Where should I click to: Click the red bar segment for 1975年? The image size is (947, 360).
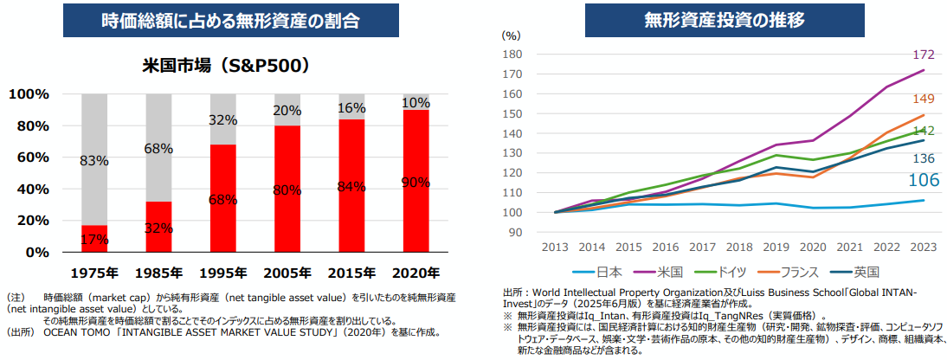click(x=93, y=238)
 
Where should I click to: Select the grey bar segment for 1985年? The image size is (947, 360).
click(x=158, y=147)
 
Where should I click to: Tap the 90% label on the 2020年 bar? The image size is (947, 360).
click(x=416, y=182)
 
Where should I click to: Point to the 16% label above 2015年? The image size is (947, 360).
click(x=351, y=108)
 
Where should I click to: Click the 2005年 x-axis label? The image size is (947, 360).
click(x=287, y=273)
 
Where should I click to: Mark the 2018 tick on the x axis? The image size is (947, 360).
click(x=740, y=247)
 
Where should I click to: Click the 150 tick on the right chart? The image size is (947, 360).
click(x=512, y=113)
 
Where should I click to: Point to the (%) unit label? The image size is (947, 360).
click(x=511, y=35)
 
